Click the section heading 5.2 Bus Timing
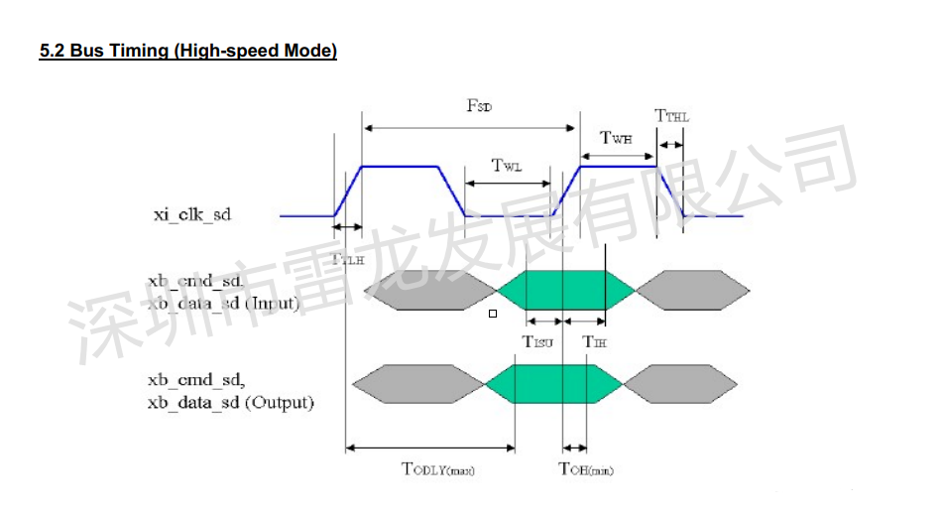(187, 51)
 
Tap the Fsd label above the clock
(479, 106)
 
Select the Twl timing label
(506, 166)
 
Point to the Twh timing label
(616, 139)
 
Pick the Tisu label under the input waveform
(536, 341)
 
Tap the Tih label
(594, 341)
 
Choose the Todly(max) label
(437, 468)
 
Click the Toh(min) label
(585, 468)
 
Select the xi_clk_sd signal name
(191, 213)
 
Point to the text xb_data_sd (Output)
(230, 402)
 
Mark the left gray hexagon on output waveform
(417, 384)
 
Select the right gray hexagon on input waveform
(692, 289)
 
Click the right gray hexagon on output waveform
(680, 384)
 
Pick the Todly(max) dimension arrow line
(429, 448)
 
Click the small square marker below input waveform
(492, 314)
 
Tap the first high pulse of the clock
(402, 167)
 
